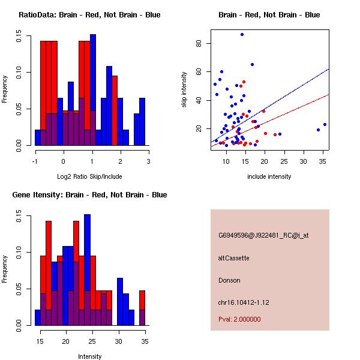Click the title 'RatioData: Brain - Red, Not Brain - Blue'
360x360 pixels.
pos(89,15)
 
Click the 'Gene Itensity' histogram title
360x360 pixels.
pos(89,195)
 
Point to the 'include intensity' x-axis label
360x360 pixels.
pos(269,176)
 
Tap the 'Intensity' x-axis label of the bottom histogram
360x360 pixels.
pos(89,356)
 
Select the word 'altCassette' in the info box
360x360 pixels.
pos(233,258)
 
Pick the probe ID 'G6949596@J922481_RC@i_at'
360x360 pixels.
pos(263,236)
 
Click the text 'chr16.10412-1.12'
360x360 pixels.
pos(243,302)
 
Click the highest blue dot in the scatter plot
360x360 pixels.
pos(242,35)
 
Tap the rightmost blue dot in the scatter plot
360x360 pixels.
pos(325,125)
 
